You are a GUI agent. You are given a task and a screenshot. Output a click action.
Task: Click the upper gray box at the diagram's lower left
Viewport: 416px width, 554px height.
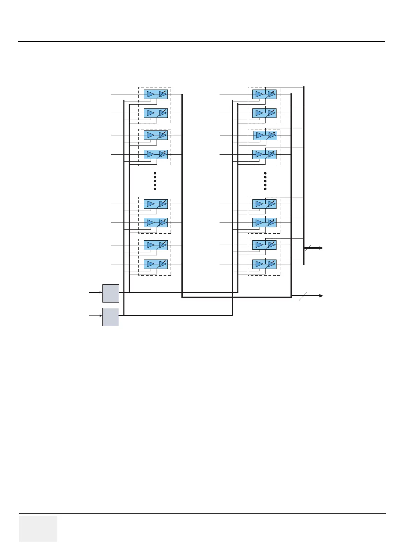(111, 293)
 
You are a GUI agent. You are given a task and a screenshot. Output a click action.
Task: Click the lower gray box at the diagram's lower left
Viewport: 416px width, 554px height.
(111, 317)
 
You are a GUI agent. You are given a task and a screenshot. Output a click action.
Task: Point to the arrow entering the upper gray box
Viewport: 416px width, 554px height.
(95, 292)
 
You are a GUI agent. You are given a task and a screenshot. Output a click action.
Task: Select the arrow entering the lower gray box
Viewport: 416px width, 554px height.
(95, 316)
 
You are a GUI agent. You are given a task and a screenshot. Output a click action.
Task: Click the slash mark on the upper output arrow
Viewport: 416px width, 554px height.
(307, 248)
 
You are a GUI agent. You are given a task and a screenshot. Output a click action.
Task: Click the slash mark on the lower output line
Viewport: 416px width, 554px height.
(303, 296)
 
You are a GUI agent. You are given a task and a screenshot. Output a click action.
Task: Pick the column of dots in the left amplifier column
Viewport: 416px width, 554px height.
(155, 181)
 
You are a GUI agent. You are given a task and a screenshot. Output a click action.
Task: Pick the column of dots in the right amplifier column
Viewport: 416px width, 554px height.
(265, 181)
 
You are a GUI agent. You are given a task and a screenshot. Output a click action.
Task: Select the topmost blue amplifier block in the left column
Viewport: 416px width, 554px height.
(156, 94)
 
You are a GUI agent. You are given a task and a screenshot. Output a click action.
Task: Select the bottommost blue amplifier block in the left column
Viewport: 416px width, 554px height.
(156, 264)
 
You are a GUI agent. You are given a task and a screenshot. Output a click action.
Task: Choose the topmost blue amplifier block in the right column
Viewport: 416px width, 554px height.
(264, 94)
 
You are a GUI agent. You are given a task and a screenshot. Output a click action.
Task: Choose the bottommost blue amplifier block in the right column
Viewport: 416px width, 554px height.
(264, 264)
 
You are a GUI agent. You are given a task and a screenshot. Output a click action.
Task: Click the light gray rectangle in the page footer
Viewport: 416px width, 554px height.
(38, 528)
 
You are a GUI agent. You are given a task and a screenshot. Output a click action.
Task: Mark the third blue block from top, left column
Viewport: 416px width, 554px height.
(156, 135)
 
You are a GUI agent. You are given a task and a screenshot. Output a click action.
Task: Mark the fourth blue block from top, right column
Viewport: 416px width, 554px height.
(264, 154)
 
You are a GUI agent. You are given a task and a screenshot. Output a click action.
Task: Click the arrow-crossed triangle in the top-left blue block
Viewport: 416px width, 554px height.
(163, 94)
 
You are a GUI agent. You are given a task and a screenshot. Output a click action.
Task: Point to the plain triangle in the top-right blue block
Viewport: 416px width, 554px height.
(259, 94)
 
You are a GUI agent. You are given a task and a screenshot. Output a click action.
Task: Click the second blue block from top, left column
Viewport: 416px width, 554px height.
(156, 113)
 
